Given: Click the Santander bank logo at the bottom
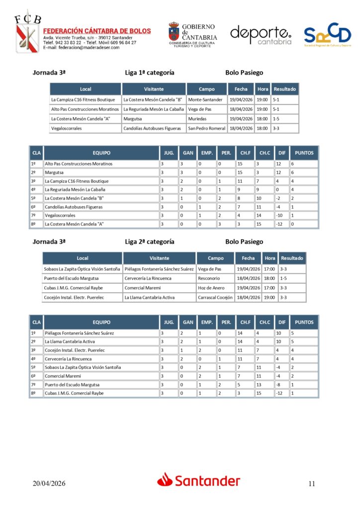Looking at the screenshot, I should (199, 480).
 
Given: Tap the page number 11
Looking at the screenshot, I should (312, 483).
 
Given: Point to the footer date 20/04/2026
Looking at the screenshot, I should (49, 483).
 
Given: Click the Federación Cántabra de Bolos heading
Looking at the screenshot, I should (97, 31).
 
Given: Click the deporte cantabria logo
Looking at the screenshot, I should (261, 35).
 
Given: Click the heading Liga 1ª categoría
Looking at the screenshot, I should (150, 73).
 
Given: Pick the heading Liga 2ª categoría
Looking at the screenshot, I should (150, 242).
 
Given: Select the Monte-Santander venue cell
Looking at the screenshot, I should (205, 99).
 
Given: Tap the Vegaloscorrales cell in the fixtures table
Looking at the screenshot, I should (66, 128).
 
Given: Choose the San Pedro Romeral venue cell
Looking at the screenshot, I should (207, 128).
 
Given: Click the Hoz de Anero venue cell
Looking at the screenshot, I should (211, 288).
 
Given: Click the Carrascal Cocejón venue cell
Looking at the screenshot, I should (215, 297).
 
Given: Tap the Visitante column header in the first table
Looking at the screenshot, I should (154, 89).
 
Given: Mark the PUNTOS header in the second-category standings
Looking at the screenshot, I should (304, 322).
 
